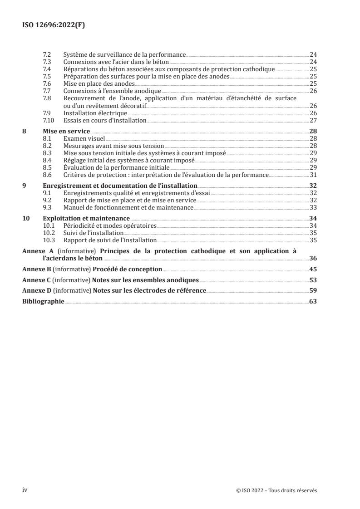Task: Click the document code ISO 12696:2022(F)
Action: [x=54, y=25]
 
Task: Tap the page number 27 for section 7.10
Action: [x=313, y=120]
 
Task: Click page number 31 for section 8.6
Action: [x=313, y=175]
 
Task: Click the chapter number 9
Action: [x=25, y=186]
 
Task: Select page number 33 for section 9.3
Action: [x=313, y=207]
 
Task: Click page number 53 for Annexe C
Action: [x=313, y=280]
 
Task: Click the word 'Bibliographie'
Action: [x=44, y=301]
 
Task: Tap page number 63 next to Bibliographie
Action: [x=313, y=301]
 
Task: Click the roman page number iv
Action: [x=25, y=490]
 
